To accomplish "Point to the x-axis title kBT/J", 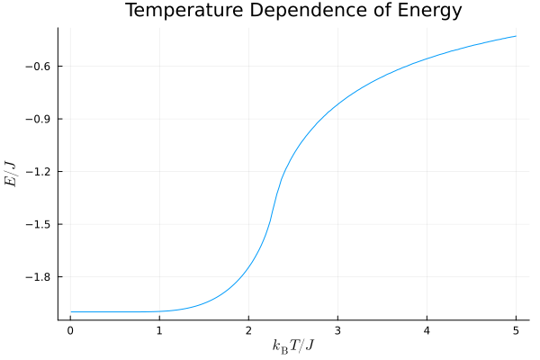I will coord(293,346).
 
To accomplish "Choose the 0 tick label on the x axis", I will coord(70,329).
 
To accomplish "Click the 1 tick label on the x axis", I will coord(159,329).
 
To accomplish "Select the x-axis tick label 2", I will coord(248,329).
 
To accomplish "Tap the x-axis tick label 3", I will coord(337,329).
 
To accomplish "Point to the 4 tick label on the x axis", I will coord(427,329).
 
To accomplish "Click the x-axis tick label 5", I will coord(516,329).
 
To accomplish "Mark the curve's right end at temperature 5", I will coord(516,36).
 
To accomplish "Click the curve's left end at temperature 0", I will coord(71,311).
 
